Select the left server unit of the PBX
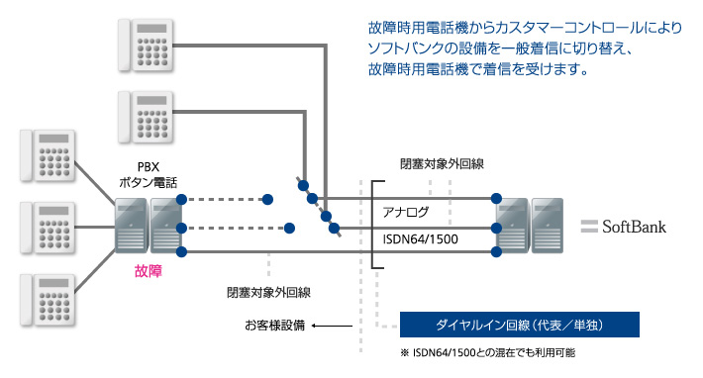click(131, 224)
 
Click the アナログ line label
click(406, 212)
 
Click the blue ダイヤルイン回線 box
click(519, 325)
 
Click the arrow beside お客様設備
click(333, 325)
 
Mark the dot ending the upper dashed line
click(268, 199)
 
